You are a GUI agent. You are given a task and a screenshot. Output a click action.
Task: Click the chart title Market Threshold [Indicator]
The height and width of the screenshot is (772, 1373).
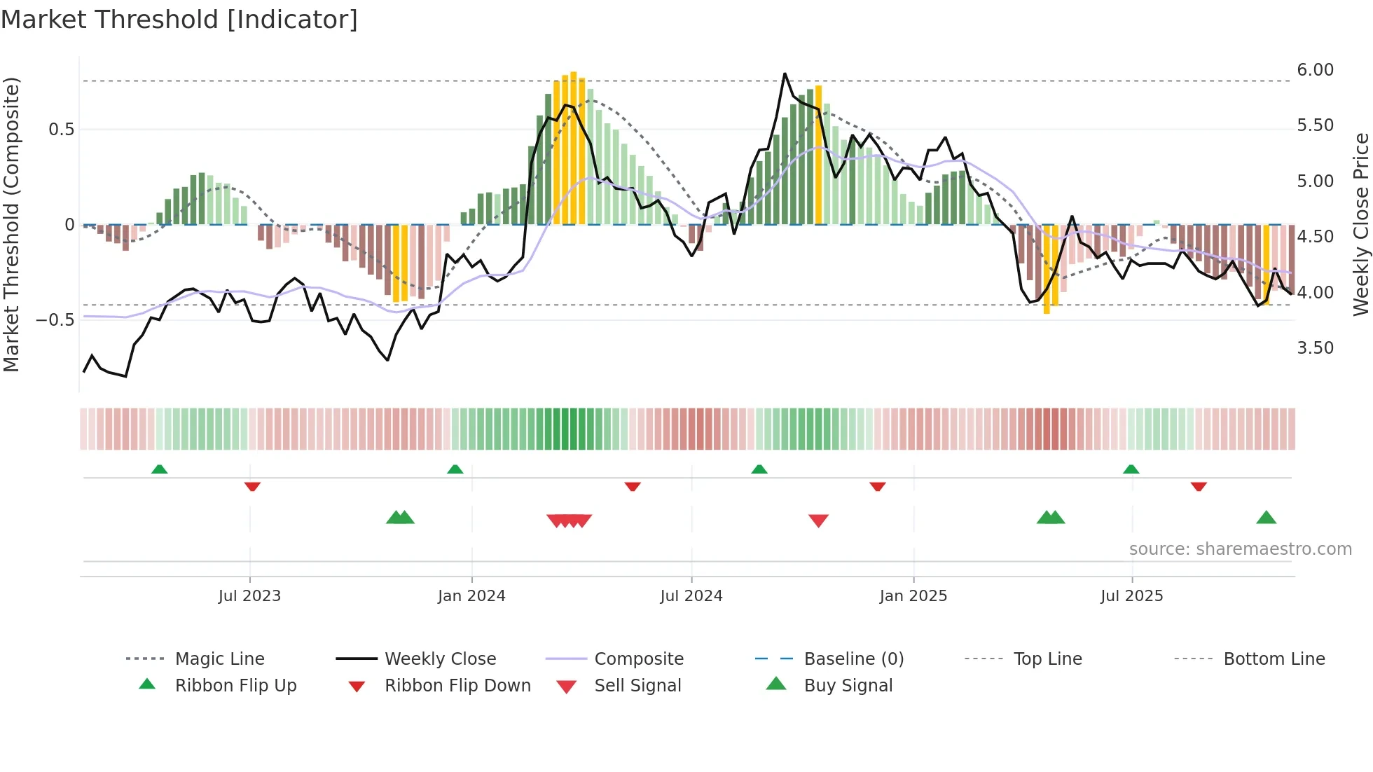[x=179, y=20]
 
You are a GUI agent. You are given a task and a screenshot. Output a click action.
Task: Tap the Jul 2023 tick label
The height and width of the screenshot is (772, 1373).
[x=249, y=596]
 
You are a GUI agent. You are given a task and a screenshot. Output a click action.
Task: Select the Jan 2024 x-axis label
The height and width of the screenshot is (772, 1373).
[x=471, y=596]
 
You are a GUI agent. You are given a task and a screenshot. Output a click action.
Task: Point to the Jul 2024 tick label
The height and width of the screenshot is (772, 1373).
[x=691, y=596]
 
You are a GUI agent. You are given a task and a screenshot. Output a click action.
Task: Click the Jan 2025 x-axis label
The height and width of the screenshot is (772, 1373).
[x=913, y=596]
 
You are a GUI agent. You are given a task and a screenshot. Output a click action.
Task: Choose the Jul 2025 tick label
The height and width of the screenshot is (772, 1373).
[x=1132, y=596]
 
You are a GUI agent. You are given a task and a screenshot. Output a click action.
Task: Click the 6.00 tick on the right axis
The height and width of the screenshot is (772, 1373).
[x=1315, y=70]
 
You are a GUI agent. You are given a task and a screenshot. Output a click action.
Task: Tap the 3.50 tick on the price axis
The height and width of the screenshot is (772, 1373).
[x=1315, y=348]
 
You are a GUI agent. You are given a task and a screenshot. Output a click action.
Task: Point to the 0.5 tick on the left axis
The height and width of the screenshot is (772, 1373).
[x=62, y=130]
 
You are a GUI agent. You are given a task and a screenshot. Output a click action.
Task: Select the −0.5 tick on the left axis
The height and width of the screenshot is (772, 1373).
[x=55, y=320]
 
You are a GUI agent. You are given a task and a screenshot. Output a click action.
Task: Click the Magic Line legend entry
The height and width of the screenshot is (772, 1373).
[x=219, y=659]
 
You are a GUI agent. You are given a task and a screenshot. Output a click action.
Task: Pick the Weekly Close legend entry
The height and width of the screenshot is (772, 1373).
[x=440, y=659]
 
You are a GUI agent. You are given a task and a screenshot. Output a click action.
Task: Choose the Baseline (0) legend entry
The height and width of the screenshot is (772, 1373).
[x=853, y=659]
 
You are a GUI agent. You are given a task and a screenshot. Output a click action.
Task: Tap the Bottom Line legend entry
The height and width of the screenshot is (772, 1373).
[x=1274, y=659]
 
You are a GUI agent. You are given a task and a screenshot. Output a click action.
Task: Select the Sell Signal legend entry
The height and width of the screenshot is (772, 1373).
[x=637, y=686]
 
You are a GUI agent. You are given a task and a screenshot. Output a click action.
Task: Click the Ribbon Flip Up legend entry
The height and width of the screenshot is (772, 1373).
[x=235, y=686]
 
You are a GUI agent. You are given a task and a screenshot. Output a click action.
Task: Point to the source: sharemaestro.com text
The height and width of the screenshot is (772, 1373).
[x=1240, y=549]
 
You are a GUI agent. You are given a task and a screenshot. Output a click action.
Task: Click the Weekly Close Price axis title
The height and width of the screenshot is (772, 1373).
[x=1360, y=224]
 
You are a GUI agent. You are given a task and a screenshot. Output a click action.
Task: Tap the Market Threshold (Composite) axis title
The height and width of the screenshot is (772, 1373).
[x=11, y=224]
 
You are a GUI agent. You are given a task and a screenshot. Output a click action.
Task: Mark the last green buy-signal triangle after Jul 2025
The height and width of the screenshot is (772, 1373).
[x=1266, y=518]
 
